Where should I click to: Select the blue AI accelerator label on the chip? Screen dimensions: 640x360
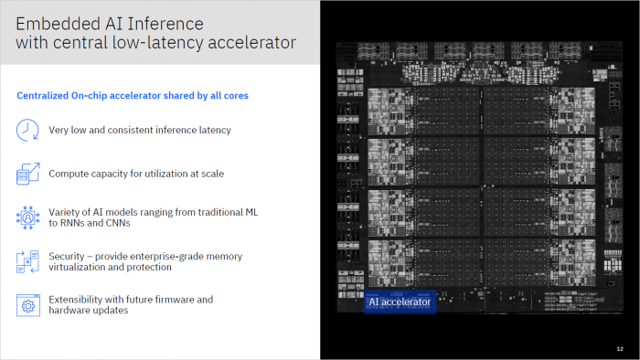pos(400,301)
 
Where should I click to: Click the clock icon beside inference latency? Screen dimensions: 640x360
pos(27,130)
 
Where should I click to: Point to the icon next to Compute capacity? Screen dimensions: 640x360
pos(27,173)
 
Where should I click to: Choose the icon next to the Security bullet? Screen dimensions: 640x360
pos(27,261)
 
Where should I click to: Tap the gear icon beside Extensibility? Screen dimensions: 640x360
pos(27,304)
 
